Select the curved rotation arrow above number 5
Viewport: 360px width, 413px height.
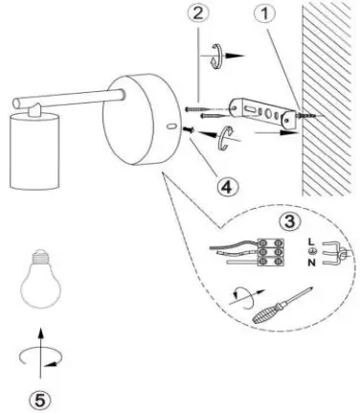[x=37, y=359]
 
